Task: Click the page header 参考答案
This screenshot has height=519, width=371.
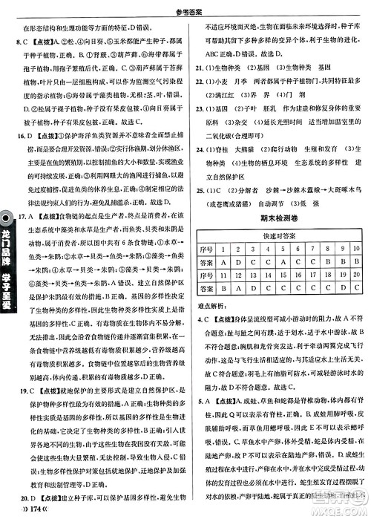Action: pos(185,7)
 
